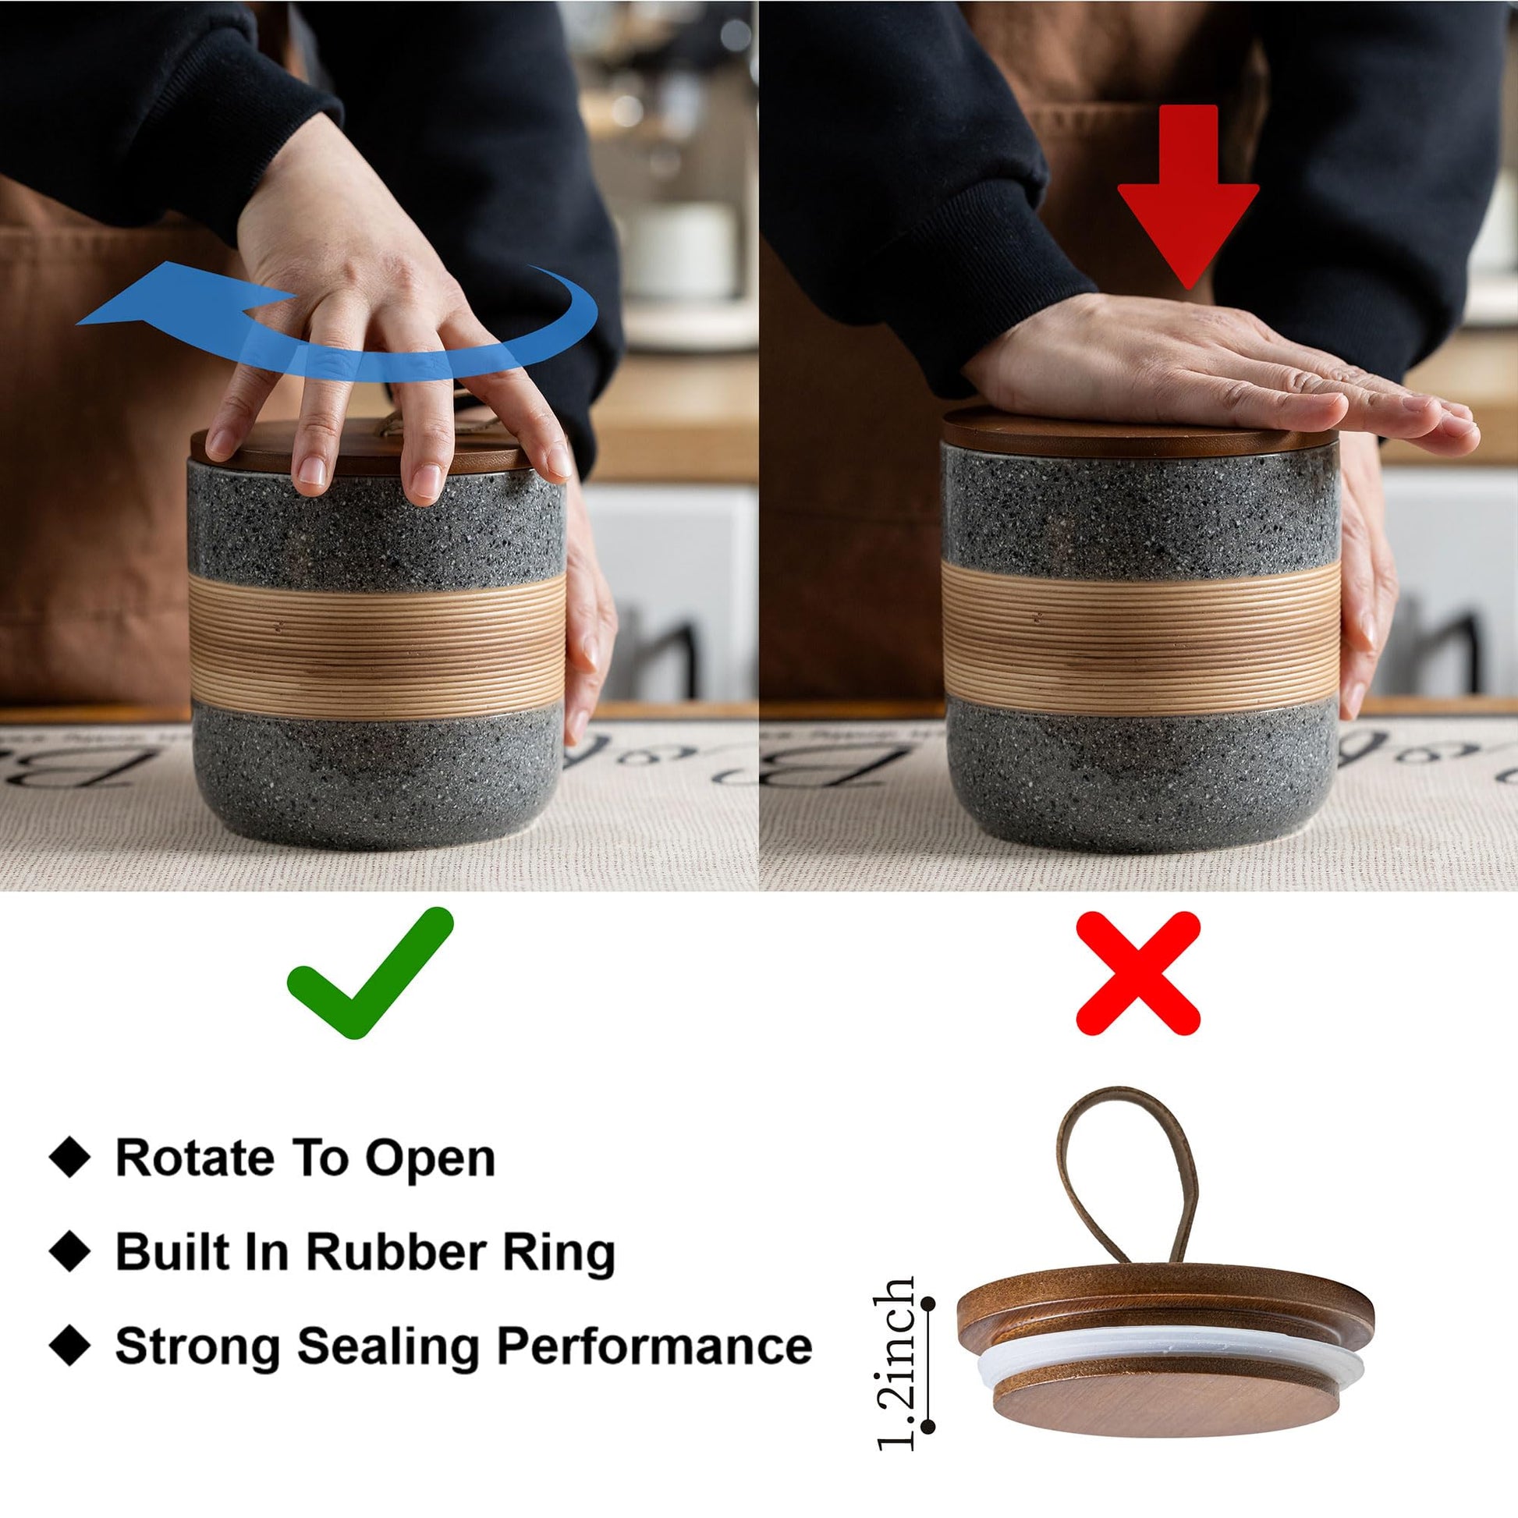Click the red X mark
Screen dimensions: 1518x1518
(1137, 973)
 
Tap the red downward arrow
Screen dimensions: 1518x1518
(1188, 197)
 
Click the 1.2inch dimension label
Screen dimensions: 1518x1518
(896, 1363)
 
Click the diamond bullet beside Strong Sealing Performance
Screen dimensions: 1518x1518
(70, 1345)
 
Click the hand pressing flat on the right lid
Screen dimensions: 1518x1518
(1210, 373)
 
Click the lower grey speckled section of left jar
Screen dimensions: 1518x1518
(377, 774)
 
